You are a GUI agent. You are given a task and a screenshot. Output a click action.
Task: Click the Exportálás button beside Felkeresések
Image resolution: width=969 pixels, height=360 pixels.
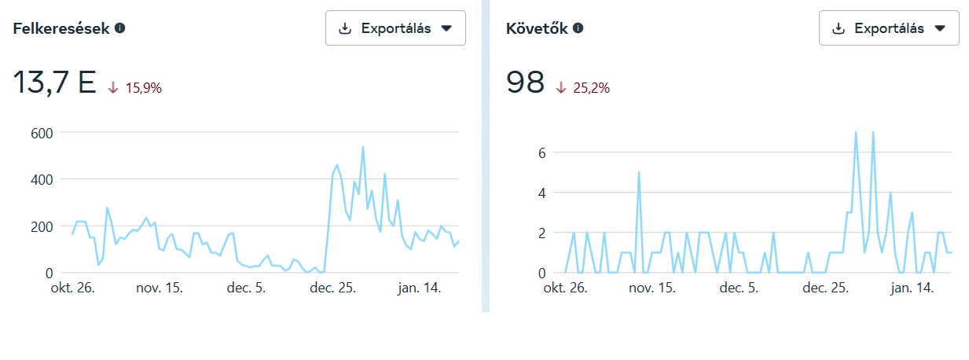395,28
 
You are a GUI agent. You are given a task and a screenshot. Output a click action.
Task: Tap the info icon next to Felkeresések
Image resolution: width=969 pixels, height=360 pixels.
120,28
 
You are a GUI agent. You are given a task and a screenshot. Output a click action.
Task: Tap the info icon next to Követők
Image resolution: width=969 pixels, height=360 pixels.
578,28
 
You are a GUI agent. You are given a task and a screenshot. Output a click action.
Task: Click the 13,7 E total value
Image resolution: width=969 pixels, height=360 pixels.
53,83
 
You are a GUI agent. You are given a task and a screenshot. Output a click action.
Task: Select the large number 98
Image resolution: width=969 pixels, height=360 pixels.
526,83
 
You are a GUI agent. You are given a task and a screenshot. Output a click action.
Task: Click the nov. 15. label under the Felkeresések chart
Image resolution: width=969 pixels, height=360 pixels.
160,288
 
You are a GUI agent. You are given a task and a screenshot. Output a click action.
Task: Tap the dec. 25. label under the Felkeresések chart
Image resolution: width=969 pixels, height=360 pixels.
333,288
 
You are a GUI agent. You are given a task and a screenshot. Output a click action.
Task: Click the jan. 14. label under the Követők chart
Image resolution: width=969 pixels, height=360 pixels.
911,288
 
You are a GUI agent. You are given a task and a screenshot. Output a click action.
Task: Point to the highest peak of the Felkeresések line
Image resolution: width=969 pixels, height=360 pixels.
363,147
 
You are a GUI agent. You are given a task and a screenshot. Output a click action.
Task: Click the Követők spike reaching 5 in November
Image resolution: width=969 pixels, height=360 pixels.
639,172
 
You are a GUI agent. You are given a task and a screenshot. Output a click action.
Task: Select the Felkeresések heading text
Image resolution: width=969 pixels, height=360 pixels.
61,28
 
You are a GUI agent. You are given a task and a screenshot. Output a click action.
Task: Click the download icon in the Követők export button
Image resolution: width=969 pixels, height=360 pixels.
839,28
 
